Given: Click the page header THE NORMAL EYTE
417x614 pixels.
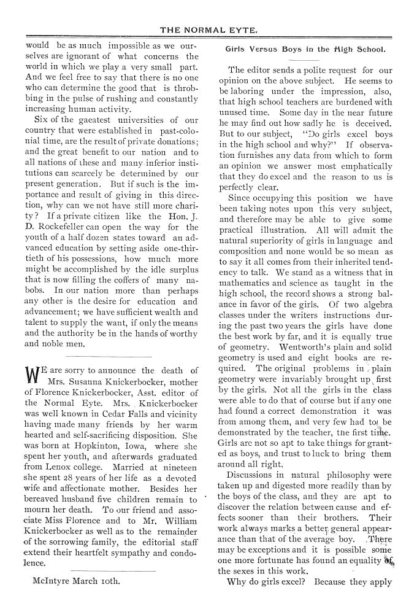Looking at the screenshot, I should click(208, 29).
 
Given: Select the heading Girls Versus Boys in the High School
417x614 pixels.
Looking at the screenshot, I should click(305, 49).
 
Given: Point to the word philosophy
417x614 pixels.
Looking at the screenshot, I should click(331, 475).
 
